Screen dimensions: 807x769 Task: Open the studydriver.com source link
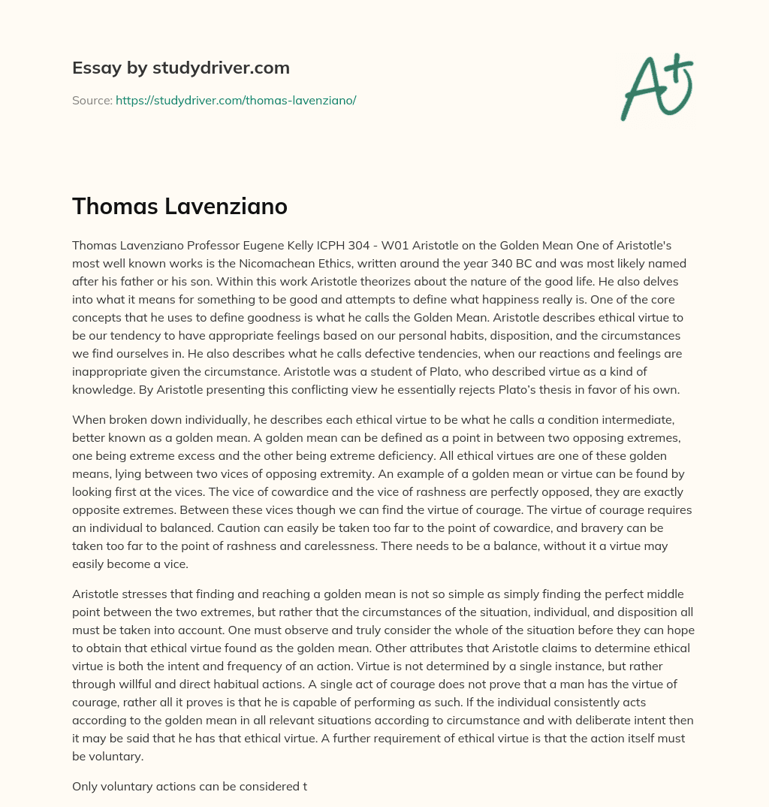(x=235, y=100)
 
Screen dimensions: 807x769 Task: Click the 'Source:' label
(x=92, y=100)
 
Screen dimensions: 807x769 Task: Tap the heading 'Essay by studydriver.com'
(x=180, y=68)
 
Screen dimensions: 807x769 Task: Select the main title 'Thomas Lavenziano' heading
(x=179, y=207)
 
